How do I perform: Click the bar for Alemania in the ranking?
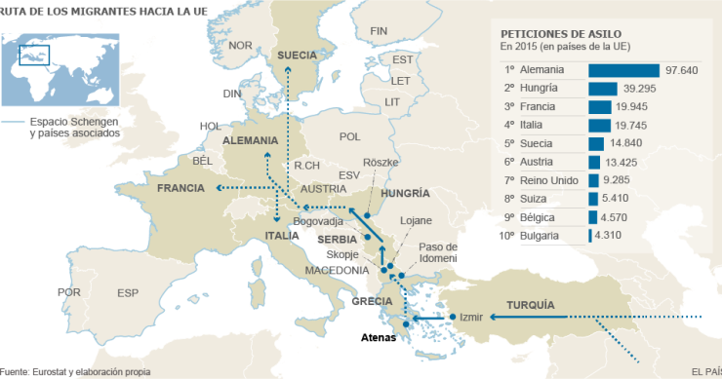(x=623, y=70)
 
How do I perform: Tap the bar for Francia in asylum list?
(x=599, y=107)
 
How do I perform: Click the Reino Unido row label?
(x=543, y=180)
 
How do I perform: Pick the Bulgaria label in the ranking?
(x=539, y=236)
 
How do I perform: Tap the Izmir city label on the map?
(x=471, y=317)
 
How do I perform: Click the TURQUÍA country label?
(x=530, y=304)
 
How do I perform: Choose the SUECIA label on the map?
(x=299, y=56)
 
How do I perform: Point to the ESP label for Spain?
(x=128, y=292)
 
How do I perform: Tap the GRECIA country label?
(x=372, y=301)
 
